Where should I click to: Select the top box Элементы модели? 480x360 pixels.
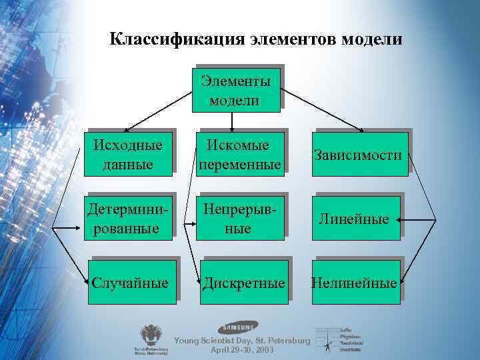pyautogui.click(x=234, y=90)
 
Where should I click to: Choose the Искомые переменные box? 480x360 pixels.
pyautogui.click(x=239, y=153)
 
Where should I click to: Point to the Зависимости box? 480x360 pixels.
pyautogui.click(x=360, y=155)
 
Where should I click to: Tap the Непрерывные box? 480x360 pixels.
pyautogui.click(x=239, y=218)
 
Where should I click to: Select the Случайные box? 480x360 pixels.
pyautogui.click(x=131, y=283)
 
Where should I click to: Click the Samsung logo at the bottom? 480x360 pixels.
pyautogui.click(x=237, y=327)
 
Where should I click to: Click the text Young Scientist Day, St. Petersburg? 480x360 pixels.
pyautogui.click(x=241, y=341)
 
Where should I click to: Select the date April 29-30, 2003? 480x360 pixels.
pyautogui.click(x=241, y=349)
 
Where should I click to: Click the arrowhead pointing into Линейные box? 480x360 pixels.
pyautogui.click(x=405, y=219)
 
